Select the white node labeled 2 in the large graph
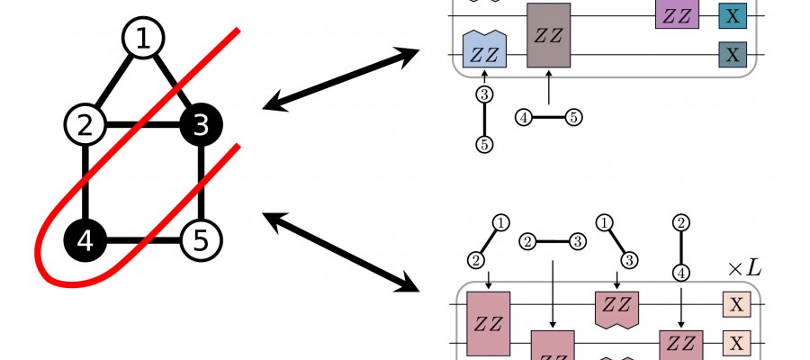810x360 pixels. tap(85, 126)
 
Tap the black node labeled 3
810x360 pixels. tap(201, 126)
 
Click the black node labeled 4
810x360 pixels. tap(85, 240)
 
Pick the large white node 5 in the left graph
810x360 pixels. tap(201, 240)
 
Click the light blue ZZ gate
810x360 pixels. tap(484, 49)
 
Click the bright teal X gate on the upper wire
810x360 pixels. tap(732, 14)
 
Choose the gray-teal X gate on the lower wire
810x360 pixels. tap(732, 55)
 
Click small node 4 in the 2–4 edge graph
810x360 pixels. tap(681, 269)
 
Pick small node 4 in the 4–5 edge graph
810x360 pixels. tap(524, 117)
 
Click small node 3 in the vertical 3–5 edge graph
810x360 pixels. tap(484, 94)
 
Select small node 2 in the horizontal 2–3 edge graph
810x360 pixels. tap(528, 241)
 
